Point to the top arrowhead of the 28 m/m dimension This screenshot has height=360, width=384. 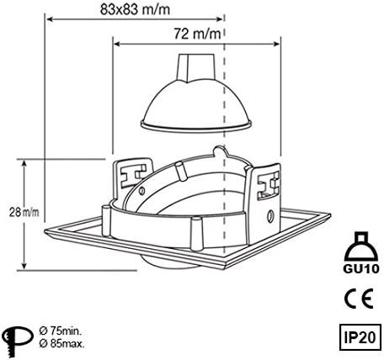tap(26, 160)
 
